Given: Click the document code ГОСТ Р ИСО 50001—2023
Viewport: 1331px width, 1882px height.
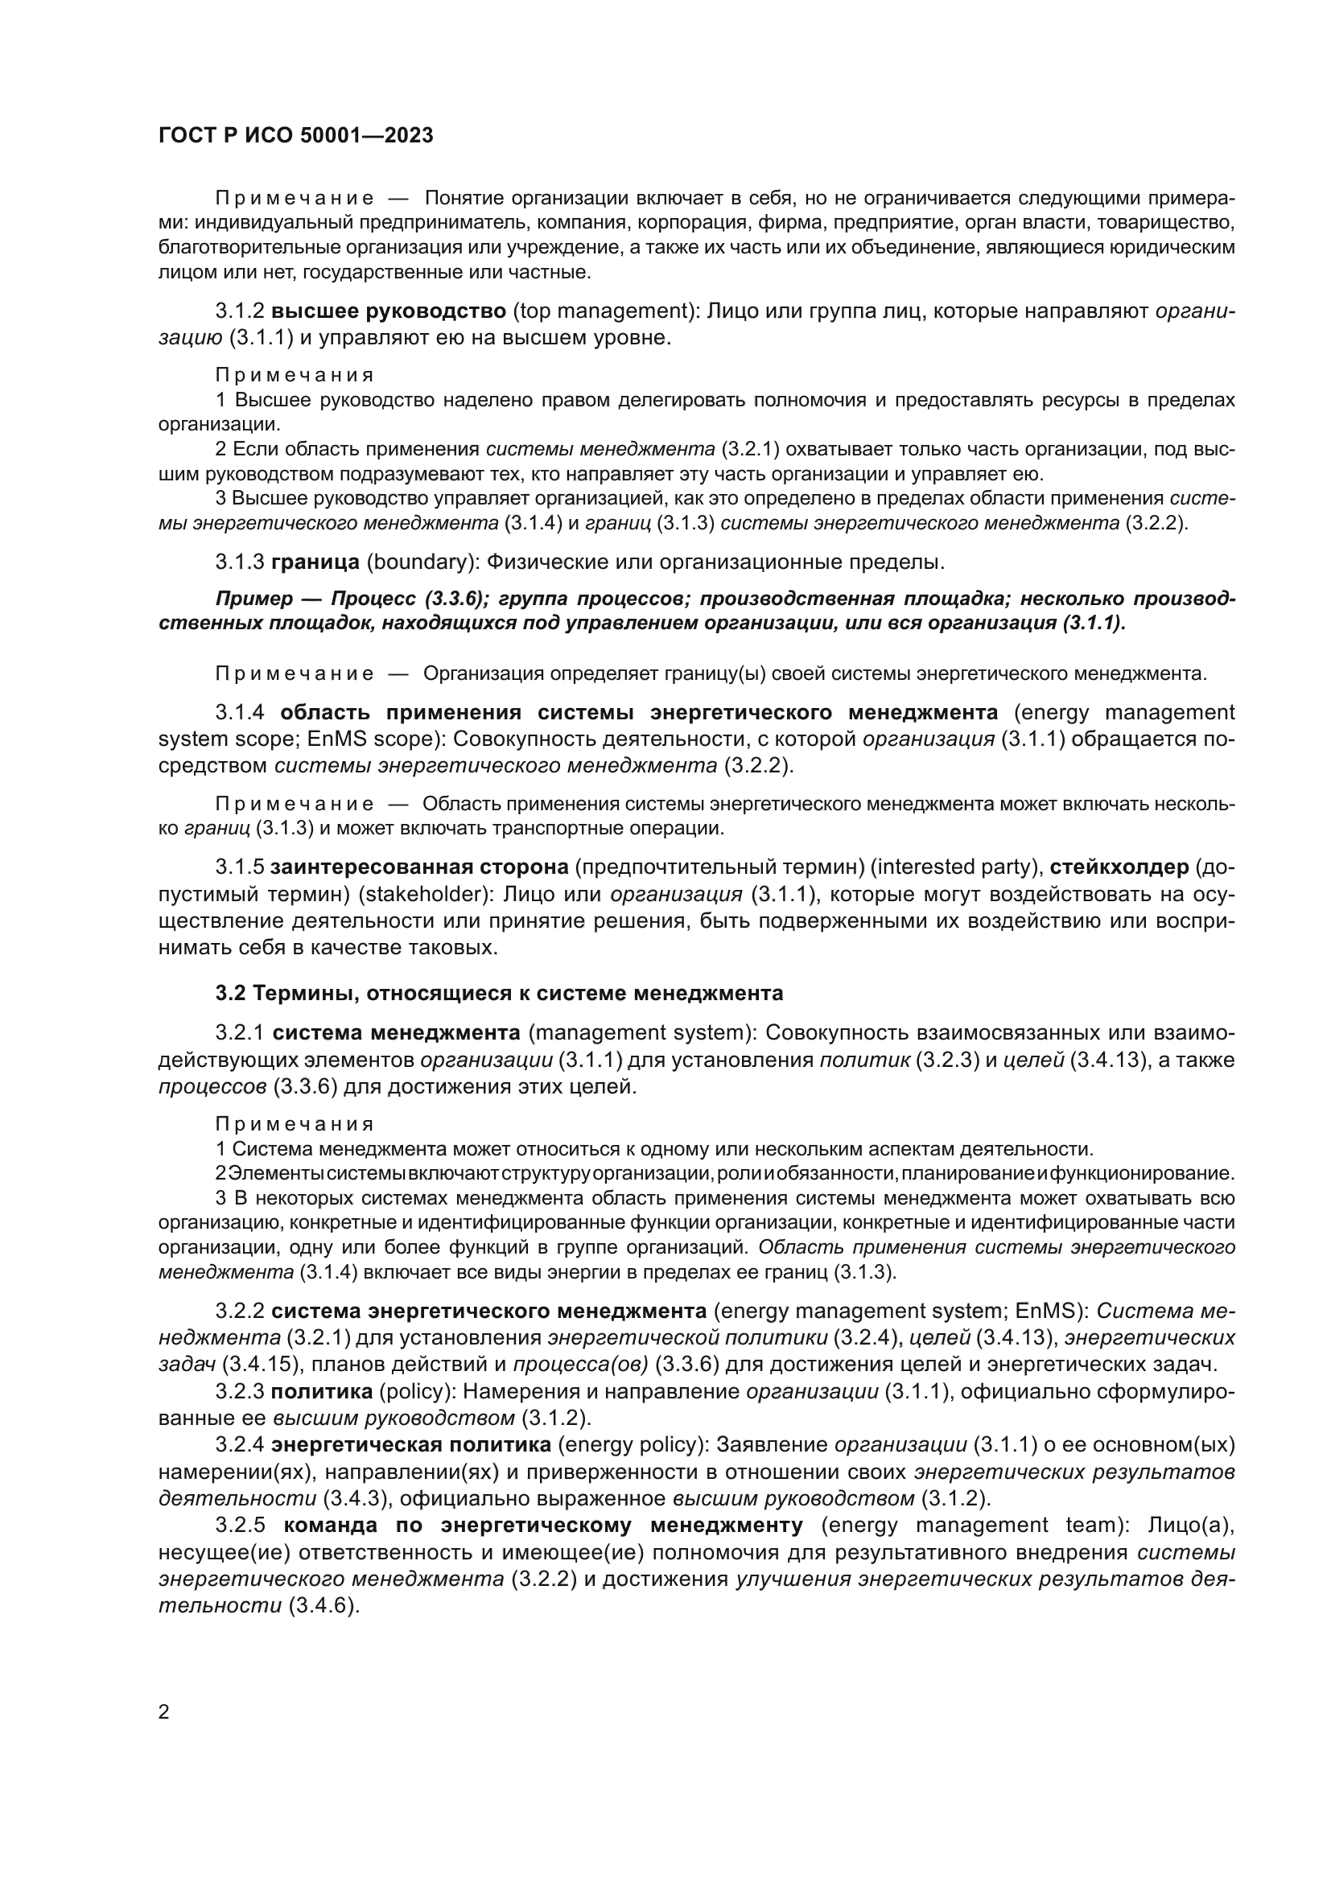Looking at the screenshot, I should [296, 136].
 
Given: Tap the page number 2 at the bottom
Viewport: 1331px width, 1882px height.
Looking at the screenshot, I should [164, 1712].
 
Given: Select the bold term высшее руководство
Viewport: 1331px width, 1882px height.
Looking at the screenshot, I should [389, 311].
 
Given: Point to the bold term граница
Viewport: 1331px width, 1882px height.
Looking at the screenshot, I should [315, 562].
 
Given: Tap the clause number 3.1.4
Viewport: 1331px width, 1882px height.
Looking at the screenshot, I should [240, 712].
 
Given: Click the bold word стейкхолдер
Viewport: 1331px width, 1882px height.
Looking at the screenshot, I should [1119, 867].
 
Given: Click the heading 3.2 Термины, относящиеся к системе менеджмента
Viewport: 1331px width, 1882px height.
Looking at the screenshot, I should [499, 994].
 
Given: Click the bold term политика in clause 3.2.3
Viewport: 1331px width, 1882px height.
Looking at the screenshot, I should [322, 1392].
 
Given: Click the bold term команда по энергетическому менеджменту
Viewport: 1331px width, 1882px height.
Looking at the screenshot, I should [543, 1526].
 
